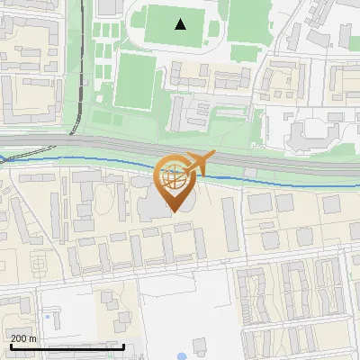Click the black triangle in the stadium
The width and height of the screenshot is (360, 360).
click(x=181, y=24)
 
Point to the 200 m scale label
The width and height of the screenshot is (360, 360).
click(x=23, y=338)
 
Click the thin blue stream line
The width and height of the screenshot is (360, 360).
click(x=90, y=161)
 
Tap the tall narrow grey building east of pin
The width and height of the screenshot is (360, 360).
click(x=229, y=224)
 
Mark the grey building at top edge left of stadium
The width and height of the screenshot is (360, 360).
click(x=108, y=6)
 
